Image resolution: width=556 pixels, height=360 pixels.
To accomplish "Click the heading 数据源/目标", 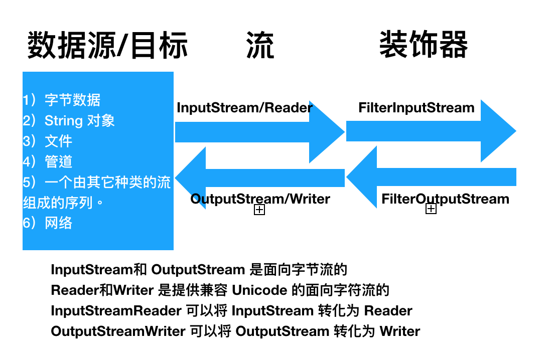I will click(107, 45).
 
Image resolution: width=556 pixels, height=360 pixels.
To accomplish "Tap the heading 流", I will click(260, 45).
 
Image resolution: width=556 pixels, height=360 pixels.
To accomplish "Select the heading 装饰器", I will click(424, 45).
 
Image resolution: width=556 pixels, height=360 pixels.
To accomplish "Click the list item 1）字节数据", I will click(62, 100).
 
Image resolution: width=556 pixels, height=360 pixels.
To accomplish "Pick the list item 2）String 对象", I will click(69, 120).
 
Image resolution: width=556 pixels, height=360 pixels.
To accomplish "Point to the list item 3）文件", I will click(48, 141).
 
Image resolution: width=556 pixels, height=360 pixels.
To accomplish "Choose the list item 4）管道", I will click(48, 161).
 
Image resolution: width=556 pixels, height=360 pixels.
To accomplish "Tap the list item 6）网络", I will click(48, 223).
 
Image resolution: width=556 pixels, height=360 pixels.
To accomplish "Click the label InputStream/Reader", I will click(244, 107).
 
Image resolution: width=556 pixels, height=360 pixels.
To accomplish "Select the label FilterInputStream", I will click(416, 107).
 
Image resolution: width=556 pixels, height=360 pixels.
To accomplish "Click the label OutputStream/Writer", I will click(260, 199).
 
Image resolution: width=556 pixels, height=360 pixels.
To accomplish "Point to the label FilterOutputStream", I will click(445, 199).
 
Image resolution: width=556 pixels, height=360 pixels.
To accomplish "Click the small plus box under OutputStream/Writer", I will click(259, 210).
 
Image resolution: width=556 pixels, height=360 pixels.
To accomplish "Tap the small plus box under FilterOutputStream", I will click(431, 209).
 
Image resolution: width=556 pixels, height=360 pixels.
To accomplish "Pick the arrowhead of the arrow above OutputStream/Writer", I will click(191, 178).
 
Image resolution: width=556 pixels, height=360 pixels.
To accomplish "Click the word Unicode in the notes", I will click(259, 290).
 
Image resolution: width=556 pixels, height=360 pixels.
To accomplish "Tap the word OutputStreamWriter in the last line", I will click(118, 331).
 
